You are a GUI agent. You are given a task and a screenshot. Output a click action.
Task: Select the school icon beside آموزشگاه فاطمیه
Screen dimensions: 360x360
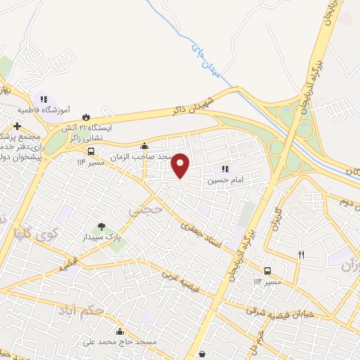[x=43, y=100]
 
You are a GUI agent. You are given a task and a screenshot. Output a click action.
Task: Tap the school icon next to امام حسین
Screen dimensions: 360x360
[x=225, y=169]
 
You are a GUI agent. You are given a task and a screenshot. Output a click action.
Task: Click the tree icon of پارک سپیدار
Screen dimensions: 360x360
[x=102, y=226]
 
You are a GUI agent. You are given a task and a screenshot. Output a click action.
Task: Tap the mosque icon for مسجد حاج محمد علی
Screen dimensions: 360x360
[x=120, y=332]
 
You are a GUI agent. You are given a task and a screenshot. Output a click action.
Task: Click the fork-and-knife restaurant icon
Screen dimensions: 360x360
[x=301, y=255]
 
